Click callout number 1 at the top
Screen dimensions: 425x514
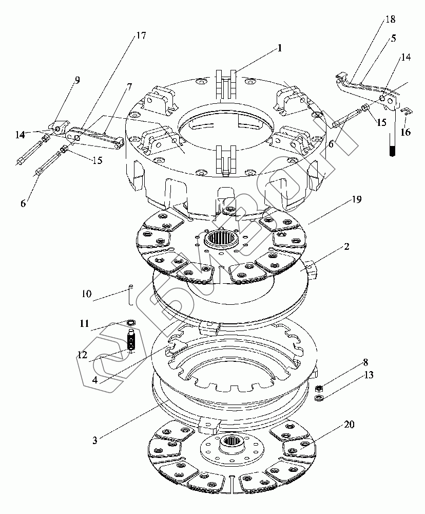279,48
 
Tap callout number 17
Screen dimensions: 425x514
141,35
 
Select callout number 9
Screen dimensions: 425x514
78,80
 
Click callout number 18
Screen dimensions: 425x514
390,19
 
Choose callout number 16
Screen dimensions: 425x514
405,132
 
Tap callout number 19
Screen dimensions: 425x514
357,199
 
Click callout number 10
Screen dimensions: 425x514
86,293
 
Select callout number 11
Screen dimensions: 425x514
85,323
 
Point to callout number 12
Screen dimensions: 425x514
83,355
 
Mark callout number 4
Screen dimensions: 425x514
95,380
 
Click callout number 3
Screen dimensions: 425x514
94,440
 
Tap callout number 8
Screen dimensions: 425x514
365,362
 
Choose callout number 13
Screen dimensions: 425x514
369,375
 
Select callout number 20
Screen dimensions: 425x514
349,425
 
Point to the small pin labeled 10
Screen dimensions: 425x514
131,295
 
